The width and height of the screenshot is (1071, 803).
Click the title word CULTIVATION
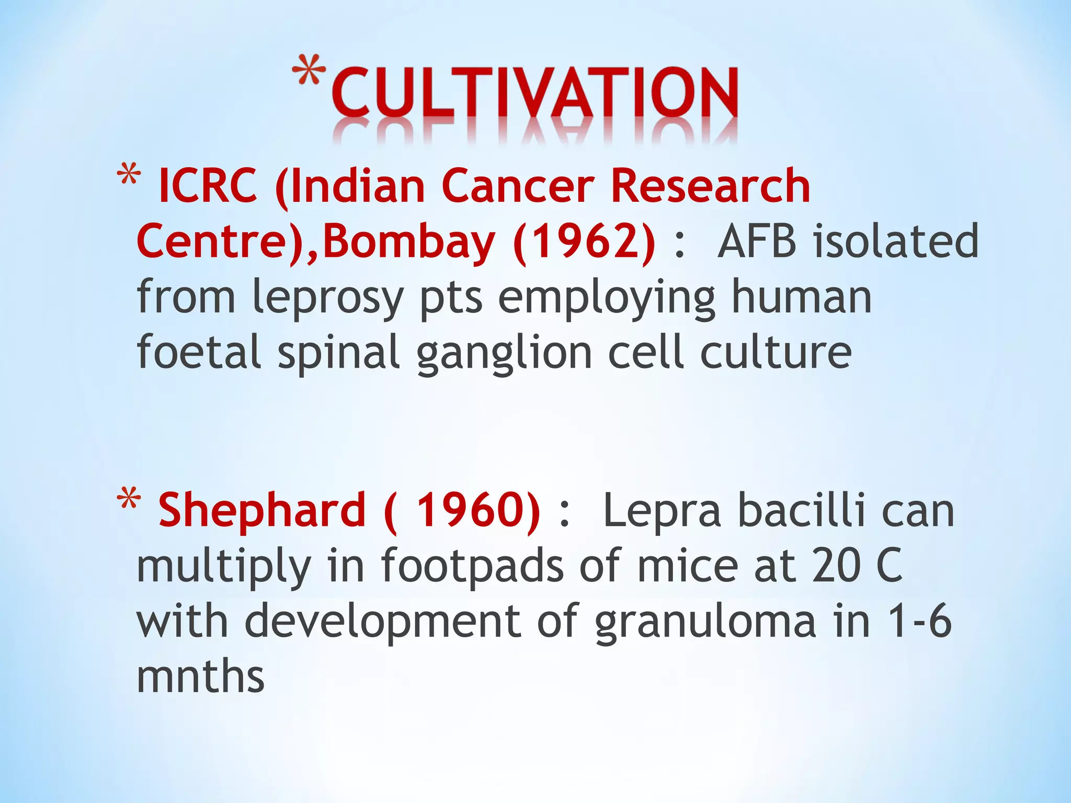[534, 93]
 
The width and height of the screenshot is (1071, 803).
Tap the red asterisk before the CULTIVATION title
[309, 71]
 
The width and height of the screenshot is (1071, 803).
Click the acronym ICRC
[208, 186]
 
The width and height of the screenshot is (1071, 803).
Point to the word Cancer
[518, 186]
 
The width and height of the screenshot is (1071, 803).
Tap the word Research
[710, 186]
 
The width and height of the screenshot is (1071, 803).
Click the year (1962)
[584, 242]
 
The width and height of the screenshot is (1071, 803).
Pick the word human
[801, 297]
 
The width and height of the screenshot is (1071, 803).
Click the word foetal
[199, 351]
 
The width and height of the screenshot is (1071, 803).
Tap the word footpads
[472, 567]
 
